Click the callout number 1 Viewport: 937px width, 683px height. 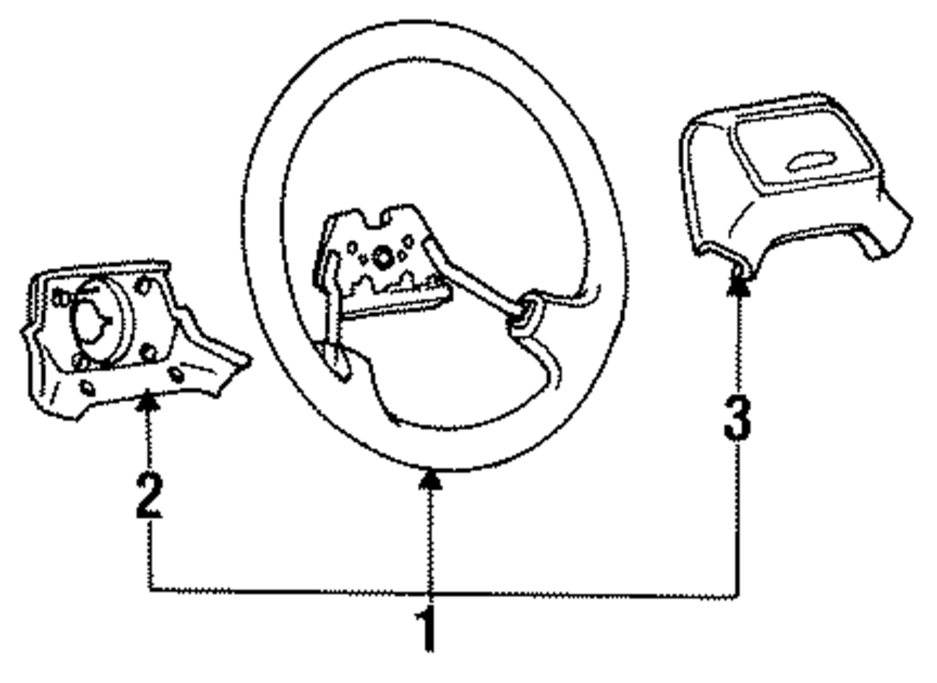click(x=427, y=630)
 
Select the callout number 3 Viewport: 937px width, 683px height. click(x=737, y=417)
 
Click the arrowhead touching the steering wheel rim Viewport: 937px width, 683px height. click(x=429, y=480)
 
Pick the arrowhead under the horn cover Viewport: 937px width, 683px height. click(x=737, y=287)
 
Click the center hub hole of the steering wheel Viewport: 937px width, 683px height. click(x=384, y=255)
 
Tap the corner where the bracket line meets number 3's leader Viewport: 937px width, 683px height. click(x=737, y=594)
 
